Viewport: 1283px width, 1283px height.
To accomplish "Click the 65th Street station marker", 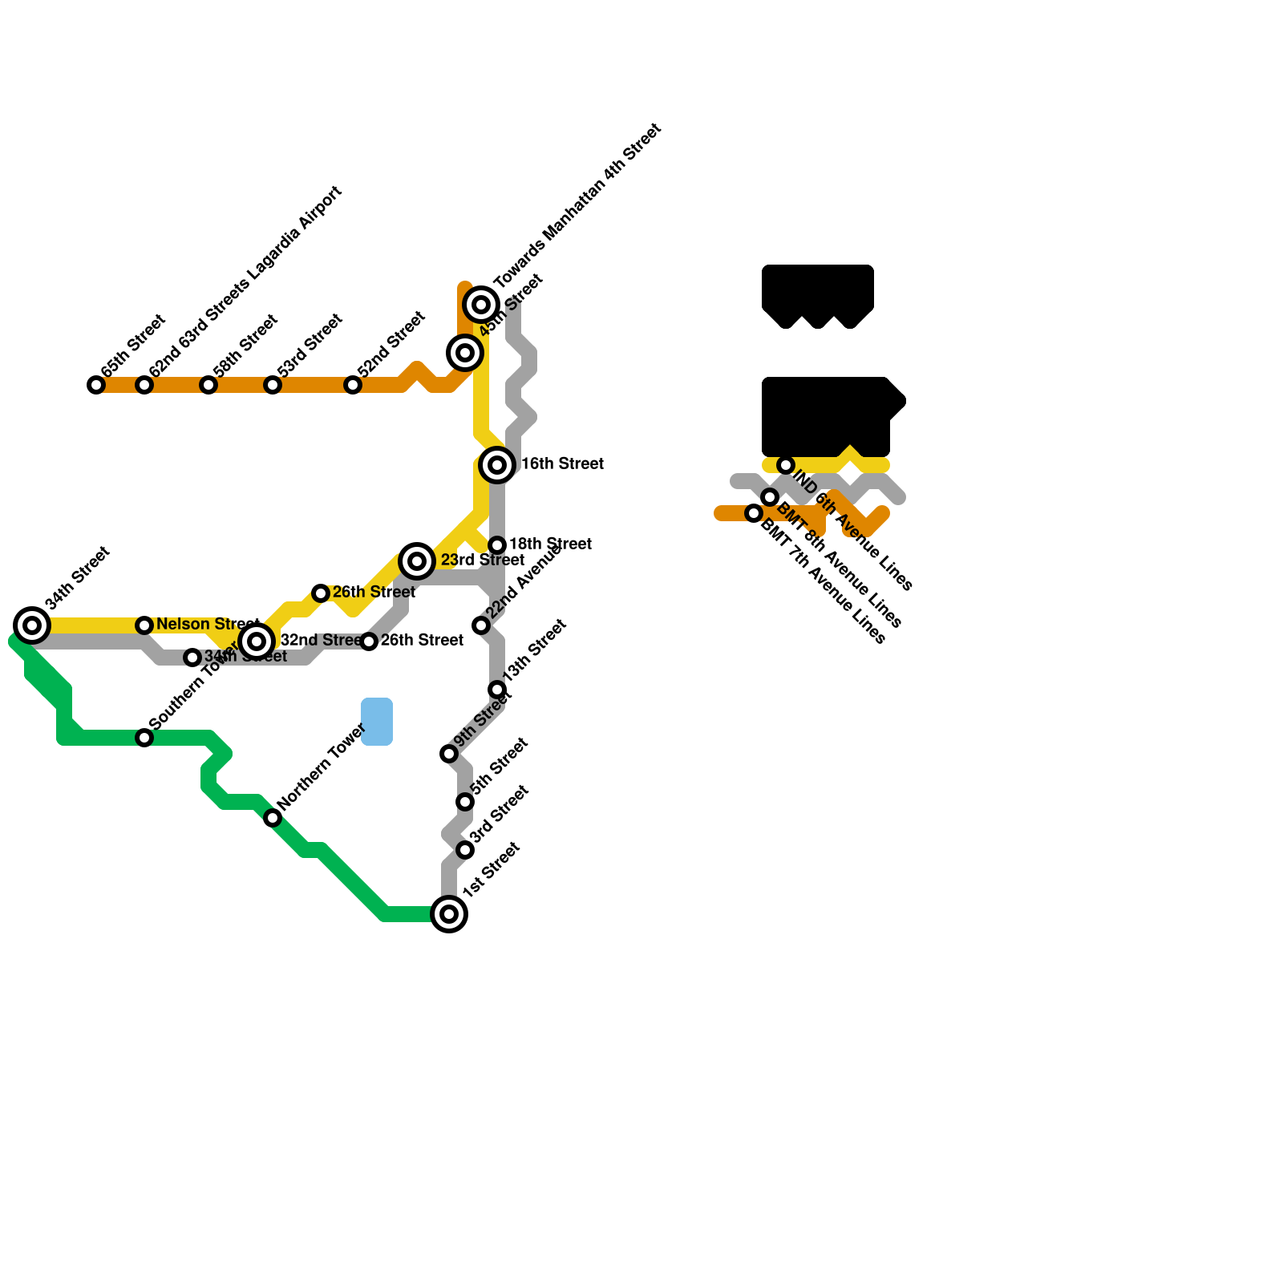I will tap(96, 385).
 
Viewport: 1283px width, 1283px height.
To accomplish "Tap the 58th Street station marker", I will tap(208, 385).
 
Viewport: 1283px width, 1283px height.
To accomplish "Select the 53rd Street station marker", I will tap(273, 385).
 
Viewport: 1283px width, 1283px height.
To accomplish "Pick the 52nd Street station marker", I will tap(353, 385).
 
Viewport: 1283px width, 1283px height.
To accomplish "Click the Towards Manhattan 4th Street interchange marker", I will tap(481, 305).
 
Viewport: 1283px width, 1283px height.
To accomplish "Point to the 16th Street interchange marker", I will tap(497, 465).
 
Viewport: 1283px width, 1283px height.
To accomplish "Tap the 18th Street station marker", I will tap(497, 545).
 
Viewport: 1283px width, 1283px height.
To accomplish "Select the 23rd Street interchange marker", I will tap(417, 561).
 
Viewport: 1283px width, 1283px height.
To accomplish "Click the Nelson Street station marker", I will tap(144, 625).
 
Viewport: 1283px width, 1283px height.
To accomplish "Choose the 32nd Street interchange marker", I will tap(257, 641).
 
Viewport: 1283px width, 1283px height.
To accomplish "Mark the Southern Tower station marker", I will tap(144, 738).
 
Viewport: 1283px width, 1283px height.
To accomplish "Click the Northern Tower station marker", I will tap(273, 818).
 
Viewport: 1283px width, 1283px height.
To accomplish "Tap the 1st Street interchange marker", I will tap(449, 914).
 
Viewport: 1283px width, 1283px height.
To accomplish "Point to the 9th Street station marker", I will tap(449, 754).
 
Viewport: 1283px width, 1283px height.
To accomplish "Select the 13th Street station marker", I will tap(497, 690).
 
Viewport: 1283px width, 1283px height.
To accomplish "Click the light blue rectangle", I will tap(377, 722).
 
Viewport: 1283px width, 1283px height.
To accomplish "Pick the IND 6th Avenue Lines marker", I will tap(786, 465).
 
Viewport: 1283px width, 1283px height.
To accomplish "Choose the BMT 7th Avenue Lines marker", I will tap(754, 513).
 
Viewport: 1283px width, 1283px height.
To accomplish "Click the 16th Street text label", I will tap(562, 464).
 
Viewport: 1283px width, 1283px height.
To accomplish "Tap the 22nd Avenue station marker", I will tap(481, 625).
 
